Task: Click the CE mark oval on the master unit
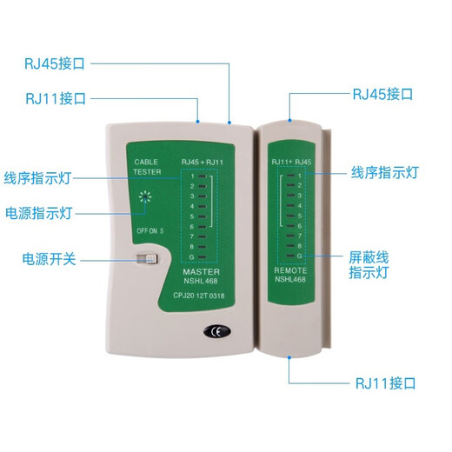217,331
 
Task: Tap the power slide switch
147,259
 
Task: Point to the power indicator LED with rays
145,197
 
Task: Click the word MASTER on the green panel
201,272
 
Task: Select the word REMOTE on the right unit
290,270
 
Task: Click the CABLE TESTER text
147,167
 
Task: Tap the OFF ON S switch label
150,231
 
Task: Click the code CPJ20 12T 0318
199,296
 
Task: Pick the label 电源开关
50,259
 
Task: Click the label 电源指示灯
38,213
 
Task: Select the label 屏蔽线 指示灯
369,265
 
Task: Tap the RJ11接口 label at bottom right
385,383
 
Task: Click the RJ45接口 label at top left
55,63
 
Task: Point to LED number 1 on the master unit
203,176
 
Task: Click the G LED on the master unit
203,256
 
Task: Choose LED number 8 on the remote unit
290,246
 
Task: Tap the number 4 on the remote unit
300,206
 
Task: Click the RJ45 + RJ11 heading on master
203,162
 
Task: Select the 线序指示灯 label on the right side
385,173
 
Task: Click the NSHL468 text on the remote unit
290,279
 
